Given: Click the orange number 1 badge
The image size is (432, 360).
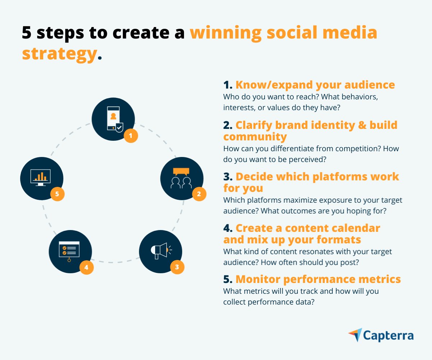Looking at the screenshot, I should pyautogui.click(x=131, y=136).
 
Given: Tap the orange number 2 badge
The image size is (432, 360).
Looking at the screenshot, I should pyautogui.click(x=199, y=194).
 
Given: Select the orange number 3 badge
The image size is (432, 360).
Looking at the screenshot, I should pyautogui.click(x=177, y=267).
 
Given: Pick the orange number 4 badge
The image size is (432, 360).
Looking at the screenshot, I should pyautogui.click(x=86, y=267).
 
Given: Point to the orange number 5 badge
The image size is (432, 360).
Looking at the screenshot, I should pyautogui.click(x=57, y=194).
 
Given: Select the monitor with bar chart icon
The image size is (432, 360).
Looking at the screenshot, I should pyautogui.click(x=41, y=177).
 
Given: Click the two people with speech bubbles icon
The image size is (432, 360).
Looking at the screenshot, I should pyautogui.click(x=181, y=178).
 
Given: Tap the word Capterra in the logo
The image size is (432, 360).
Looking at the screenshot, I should pyautogui.click(x=388, y=336).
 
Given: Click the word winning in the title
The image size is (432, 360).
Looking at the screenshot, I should pyautogui.click(x=225, y=33).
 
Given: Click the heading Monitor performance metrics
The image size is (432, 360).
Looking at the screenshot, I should pyautogui.click(x=318, y=279).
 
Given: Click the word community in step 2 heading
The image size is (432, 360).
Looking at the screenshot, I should pyautogui.click(x=255, y=137).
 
